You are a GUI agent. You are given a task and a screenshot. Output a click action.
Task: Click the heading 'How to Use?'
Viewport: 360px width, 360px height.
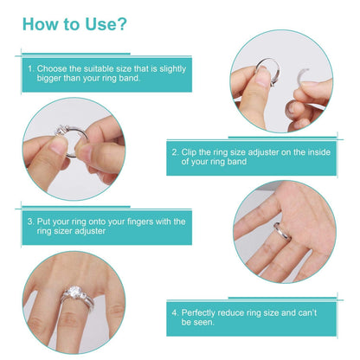(75, 23)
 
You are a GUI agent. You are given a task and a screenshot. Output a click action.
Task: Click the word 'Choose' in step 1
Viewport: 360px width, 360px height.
(56, 67)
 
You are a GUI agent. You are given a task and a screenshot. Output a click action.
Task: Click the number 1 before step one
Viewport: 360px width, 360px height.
(30, 67)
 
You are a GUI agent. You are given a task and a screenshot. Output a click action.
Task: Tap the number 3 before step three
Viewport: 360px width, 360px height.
(30, 222)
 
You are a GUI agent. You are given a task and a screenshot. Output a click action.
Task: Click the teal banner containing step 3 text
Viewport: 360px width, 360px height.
(104, 227)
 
